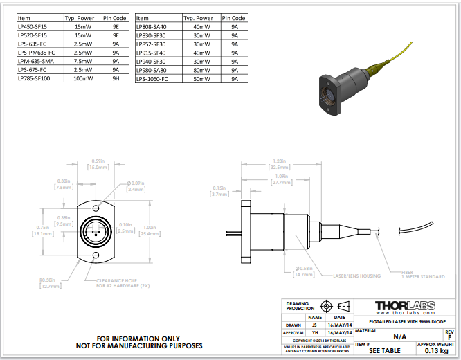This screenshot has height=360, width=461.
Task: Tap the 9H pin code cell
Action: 116,78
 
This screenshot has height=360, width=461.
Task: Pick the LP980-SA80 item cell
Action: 152,70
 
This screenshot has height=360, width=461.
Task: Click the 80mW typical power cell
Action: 202,70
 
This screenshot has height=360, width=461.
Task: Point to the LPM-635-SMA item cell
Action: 34,61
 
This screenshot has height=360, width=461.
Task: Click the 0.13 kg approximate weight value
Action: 435,351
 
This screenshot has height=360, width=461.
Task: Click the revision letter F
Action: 449,337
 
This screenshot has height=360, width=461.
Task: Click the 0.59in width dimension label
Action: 97,164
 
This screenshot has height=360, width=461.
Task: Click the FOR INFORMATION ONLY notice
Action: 139,338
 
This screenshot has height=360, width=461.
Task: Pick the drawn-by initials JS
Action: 315,324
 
